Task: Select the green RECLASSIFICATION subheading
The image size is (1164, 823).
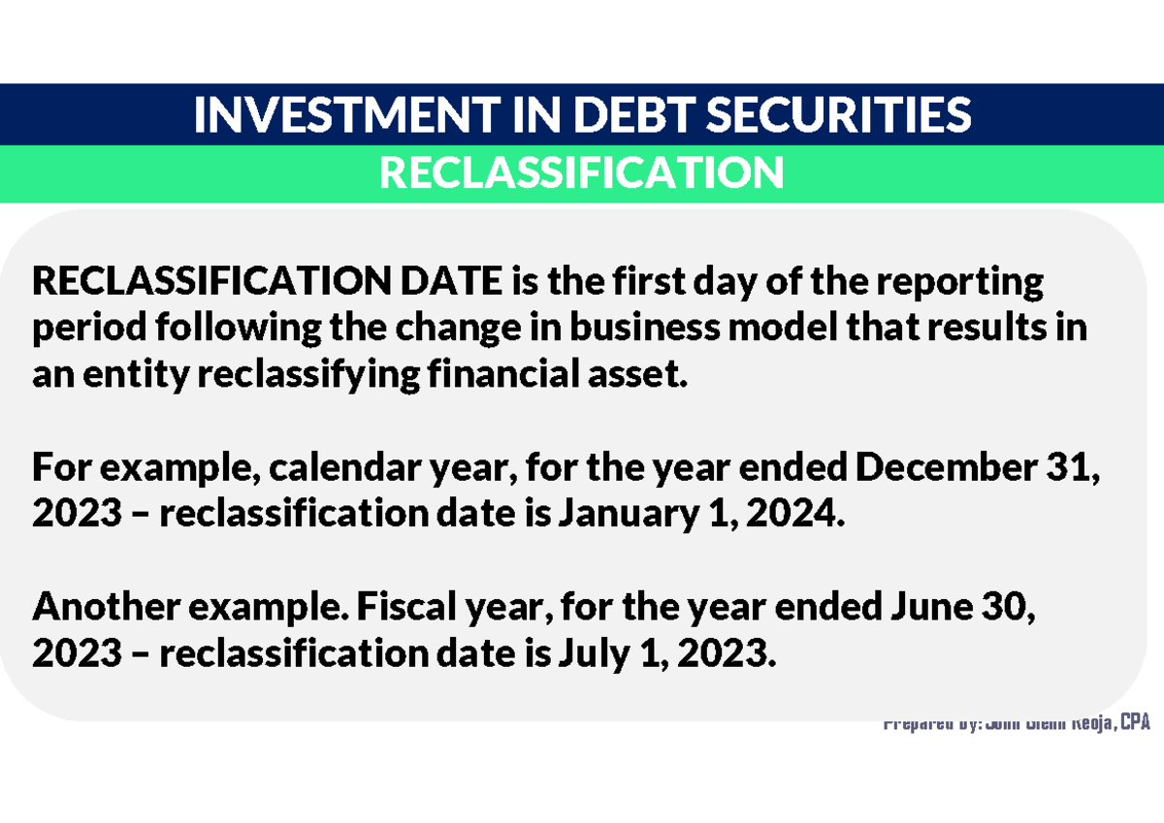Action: [581, 174]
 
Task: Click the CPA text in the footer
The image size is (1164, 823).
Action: [1133, 724]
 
